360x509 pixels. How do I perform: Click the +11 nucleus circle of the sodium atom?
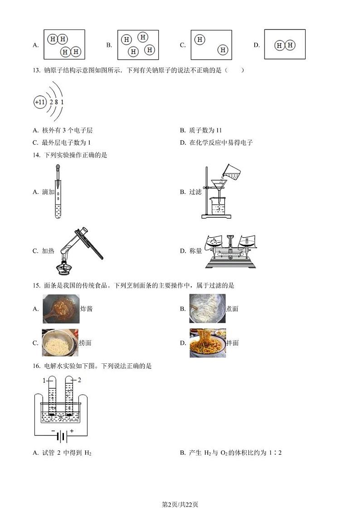pyautogui.click(x=40, y=103)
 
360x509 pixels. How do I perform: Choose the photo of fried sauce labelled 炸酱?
pyautogui.click(x=61, y=308)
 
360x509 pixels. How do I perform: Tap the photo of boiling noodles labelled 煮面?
pyautogui.click(x=207, y=308)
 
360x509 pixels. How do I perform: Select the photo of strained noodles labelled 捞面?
pyautogui.click(x=60, y=343)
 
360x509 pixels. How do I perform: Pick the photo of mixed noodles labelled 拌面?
pyautogui.click(x=207, y=343)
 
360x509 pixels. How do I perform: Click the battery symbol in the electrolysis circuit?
pyautogui.click(x=62, y=437)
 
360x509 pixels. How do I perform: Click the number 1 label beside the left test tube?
pyautogui.click(x=44, y=380)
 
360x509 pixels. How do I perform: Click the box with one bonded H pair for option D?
pyautogui.click(x=285, y=44)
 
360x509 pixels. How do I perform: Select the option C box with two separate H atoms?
pyautogui.click(x=211, y=45)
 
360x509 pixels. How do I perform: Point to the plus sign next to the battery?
pyautogui.click(x=71, y=431)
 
